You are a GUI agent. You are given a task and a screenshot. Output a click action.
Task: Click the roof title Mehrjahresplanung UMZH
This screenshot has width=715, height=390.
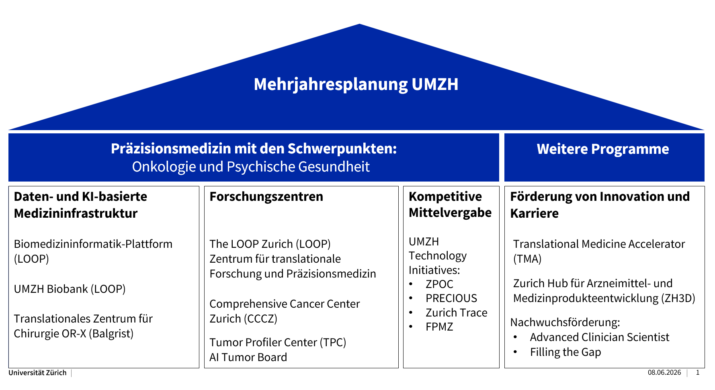pos(356,84)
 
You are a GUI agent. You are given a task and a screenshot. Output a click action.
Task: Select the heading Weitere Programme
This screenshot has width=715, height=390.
pos(603,149)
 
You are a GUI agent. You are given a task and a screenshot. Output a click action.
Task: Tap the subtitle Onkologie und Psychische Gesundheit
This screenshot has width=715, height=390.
pos(251,167)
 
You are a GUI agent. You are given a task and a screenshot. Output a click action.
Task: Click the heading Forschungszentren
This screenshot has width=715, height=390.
pos(266,196)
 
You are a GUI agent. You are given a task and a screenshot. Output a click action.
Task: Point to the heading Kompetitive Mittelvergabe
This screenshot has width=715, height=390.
pos(450,204)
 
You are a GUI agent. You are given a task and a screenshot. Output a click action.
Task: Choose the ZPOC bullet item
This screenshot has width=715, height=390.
pos(439,284)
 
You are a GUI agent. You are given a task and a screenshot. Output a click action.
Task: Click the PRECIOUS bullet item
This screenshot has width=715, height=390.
pos(451,298)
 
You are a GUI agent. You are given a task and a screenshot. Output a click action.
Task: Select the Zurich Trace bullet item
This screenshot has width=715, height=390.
pos(457,312)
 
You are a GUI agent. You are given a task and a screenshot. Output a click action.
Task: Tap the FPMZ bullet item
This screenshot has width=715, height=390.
pos(439,327)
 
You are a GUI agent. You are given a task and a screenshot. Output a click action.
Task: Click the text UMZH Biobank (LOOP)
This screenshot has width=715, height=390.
pos(70,289)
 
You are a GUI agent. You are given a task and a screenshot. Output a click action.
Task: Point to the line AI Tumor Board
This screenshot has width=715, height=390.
pos(248,357)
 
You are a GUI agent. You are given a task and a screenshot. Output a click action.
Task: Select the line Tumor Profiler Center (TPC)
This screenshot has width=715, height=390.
pos(278,342)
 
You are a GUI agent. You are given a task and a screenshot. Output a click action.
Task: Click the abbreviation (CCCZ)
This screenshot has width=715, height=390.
pos(260,319)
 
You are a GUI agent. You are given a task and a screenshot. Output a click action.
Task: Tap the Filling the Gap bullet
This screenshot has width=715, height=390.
pos(565,352)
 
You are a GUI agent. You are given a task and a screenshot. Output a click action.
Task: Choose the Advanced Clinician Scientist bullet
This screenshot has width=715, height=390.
pos(600,337)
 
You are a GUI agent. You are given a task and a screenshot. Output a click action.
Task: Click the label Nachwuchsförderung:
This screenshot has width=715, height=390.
pos(565,322)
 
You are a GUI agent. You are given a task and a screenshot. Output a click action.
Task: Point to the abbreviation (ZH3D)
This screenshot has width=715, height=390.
pos(678,298)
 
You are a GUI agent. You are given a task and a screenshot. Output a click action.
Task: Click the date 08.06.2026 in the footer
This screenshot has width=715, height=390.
pos(664,372)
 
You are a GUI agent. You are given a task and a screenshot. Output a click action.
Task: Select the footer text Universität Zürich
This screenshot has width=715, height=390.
pos(37,373)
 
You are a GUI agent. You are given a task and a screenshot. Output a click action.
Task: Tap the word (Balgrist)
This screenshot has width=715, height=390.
pos(111,333)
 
